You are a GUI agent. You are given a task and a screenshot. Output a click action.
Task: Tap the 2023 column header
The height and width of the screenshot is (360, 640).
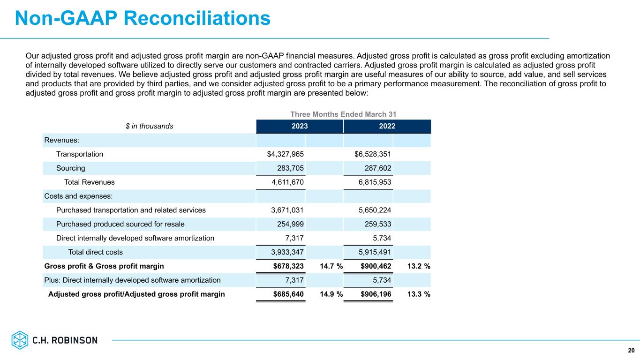(300, 126)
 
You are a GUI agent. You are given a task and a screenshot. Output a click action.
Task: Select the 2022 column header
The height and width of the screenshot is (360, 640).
(387, 126)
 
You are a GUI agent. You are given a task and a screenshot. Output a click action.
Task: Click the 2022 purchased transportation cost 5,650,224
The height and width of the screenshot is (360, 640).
(375, 210)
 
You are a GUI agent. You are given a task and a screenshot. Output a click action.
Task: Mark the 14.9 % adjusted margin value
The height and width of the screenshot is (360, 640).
(331, 294)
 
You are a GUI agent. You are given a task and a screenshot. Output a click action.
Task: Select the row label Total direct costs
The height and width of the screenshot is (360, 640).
(95, 252)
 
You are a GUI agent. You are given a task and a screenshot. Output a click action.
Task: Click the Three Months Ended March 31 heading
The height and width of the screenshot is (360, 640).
(343, 114)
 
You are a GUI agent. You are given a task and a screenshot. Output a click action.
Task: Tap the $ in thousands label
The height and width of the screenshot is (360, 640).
(150, 126)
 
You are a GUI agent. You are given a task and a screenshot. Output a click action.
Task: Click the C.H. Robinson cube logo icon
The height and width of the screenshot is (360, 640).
(20, 340)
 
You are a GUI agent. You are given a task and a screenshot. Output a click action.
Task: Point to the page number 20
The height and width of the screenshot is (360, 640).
(631, 350)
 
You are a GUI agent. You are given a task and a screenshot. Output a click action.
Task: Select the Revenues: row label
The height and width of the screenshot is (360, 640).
(61, 140)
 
